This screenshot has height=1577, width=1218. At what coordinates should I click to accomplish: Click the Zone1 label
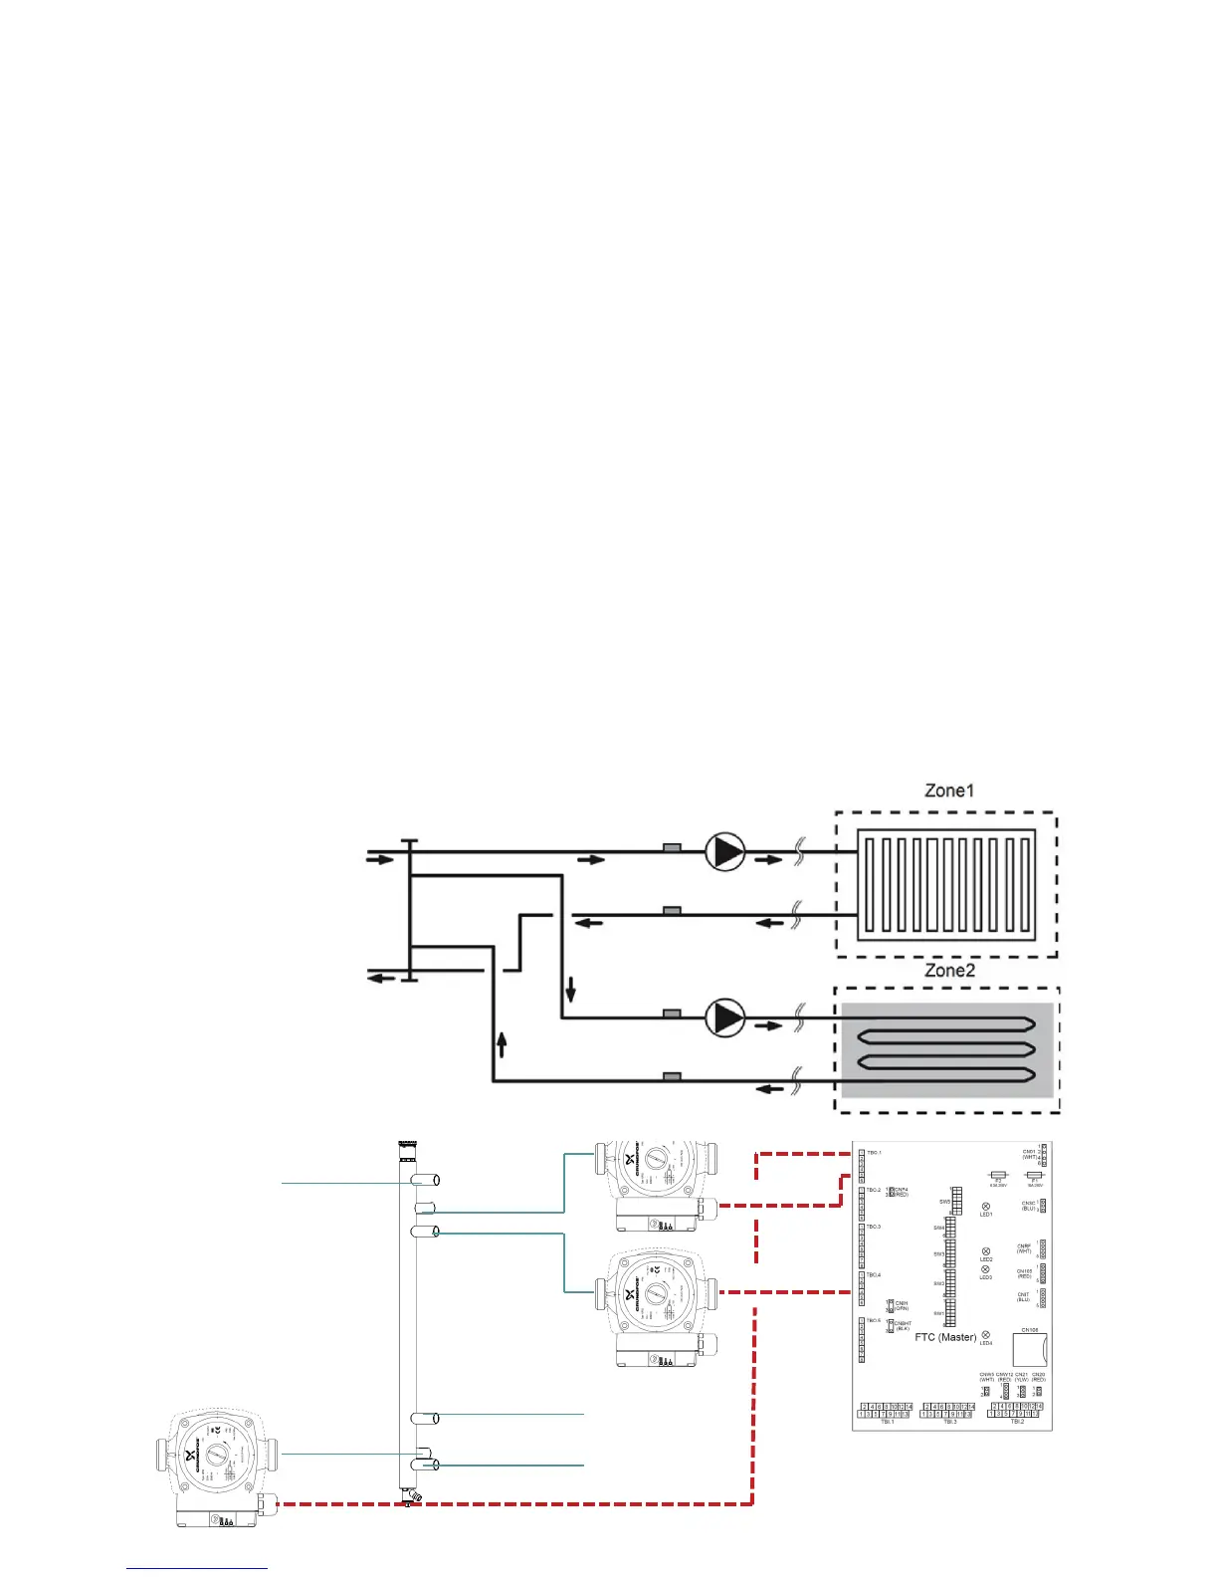949,791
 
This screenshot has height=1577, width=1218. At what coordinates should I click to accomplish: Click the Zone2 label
949,971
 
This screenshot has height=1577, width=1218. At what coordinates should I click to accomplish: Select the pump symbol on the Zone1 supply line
725,853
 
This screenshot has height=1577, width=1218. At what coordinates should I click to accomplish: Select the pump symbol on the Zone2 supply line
725,1017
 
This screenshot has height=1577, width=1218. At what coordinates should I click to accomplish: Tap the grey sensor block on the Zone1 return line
672,911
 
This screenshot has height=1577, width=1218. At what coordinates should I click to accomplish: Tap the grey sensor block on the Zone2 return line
672,1076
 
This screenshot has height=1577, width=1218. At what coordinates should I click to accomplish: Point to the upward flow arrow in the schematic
502,1044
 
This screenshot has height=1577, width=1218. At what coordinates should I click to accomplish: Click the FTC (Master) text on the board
945,1337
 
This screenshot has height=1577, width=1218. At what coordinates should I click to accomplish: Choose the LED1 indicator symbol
986,1207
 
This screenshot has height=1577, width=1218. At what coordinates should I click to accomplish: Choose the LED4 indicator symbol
986,1335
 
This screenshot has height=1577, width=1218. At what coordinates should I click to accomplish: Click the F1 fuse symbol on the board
1035,1176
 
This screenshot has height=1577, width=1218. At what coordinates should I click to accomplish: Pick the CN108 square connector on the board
1030,1350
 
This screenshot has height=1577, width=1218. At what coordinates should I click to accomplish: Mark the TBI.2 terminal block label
1016,1422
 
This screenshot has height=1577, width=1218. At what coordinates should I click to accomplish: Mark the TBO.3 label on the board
873,1227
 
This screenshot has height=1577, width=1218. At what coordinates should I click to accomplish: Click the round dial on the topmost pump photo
657,1160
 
